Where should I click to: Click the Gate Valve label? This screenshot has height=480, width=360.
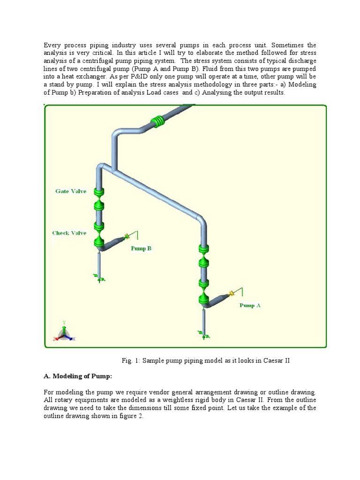pos(71,191)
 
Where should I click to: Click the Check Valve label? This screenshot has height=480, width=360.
pos(69,233)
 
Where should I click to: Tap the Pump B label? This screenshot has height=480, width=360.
pos(141,248)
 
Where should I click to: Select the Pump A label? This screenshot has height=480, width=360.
pos(250,305)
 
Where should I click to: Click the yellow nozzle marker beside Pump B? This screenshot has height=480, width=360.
pos(126,237)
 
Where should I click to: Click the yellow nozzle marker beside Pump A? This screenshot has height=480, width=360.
pos(231,294)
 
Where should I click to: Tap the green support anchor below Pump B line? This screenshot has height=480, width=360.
pos(99,278)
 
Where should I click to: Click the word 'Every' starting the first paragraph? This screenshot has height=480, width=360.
pos(53,45)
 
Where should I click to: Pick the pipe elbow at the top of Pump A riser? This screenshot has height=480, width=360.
pos(200,221)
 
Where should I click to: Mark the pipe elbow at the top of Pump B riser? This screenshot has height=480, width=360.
pos(100,167)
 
